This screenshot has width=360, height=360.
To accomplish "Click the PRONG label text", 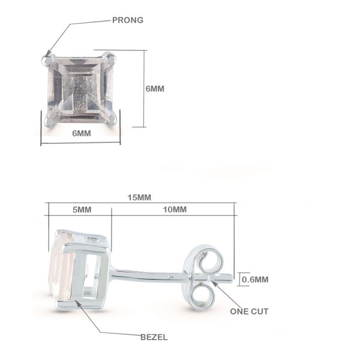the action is click(x=128, y=20).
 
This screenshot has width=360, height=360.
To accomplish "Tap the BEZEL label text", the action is click(x=154, y=337).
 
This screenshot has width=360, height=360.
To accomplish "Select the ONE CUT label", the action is click(x=249, y=311).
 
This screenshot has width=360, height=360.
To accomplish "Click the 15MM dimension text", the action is click(x=139, y=197).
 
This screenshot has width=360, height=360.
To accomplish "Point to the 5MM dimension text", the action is click(x=82, y=209).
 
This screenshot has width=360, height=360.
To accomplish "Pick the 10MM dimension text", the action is click(x=175, y=209).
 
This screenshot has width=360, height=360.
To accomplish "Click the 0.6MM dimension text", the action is click(x=255, y=280).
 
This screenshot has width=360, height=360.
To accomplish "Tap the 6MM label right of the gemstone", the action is click(x=155, y=89).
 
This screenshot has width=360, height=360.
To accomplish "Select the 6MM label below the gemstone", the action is click(x=82, y=133).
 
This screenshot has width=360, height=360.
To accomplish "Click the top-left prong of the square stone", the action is click(x=48, y=60).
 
